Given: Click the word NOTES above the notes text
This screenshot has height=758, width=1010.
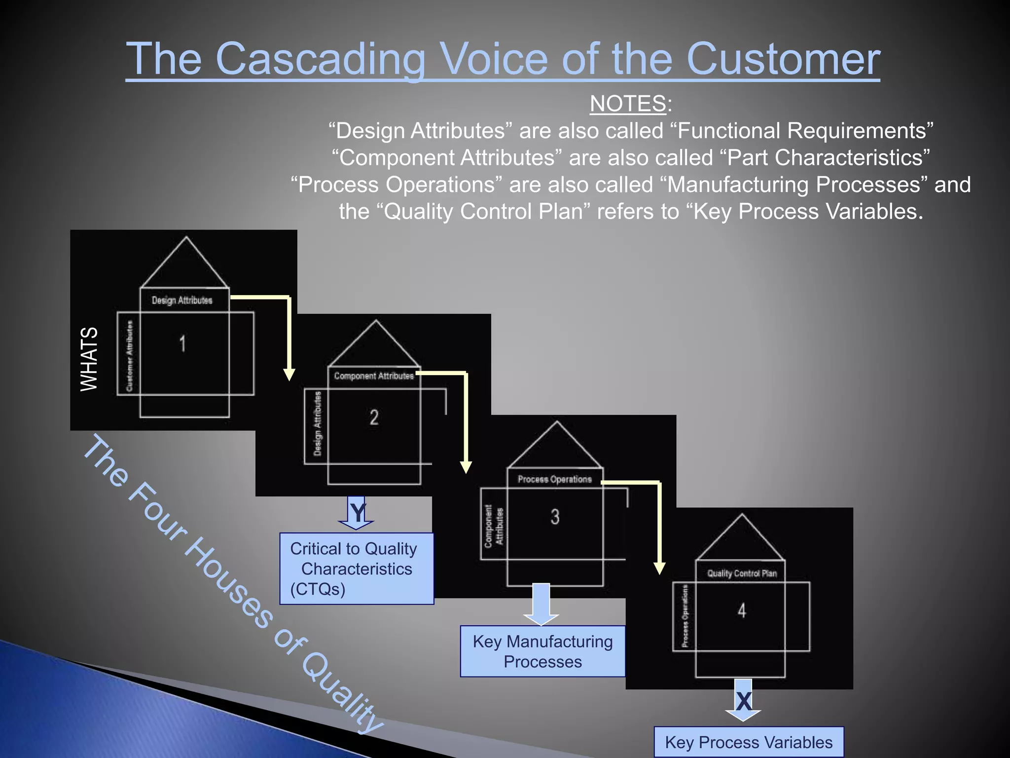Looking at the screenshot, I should tap(628, 104).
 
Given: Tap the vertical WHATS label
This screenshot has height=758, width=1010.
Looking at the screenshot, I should tap(89, 359).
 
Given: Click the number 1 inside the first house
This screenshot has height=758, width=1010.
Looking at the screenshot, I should tap(182, 343).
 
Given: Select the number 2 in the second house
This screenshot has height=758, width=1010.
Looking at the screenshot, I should tap(374, 417).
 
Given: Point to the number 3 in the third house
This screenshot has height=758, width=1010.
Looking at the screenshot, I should tap(555, 517).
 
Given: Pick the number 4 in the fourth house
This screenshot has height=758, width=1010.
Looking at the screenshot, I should tap(742, 611).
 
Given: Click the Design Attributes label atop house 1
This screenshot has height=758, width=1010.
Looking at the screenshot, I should tap(182, 300).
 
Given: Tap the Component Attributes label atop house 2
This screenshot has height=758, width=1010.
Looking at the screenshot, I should tap(374, 376).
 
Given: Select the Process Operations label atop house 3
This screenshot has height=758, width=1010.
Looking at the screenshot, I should tap(554, 479).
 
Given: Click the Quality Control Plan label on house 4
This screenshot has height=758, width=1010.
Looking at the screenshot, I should tap(742, 573).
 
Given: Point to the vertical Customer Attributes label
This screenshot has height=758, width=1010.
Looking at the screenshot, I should tap(129, 356).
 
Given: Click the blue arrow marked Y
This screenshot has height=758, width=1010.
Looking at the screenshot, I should tap(357, 513).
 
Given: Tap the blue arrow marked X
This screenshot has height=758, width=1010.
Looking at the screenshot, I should tap(743, 701).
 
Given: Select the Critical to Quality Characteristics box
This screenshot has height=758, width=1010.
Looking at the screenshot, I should tap(357, 568).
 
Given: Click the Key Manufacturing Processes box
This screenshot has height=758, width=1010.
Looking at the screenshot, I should tap(542, 651).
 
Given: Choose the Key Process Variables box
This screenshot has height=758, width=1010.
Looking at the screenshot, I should tap(749, 742).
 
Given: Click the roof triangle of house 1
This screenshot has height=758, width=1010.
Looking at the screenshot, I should tap(185, 266).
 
